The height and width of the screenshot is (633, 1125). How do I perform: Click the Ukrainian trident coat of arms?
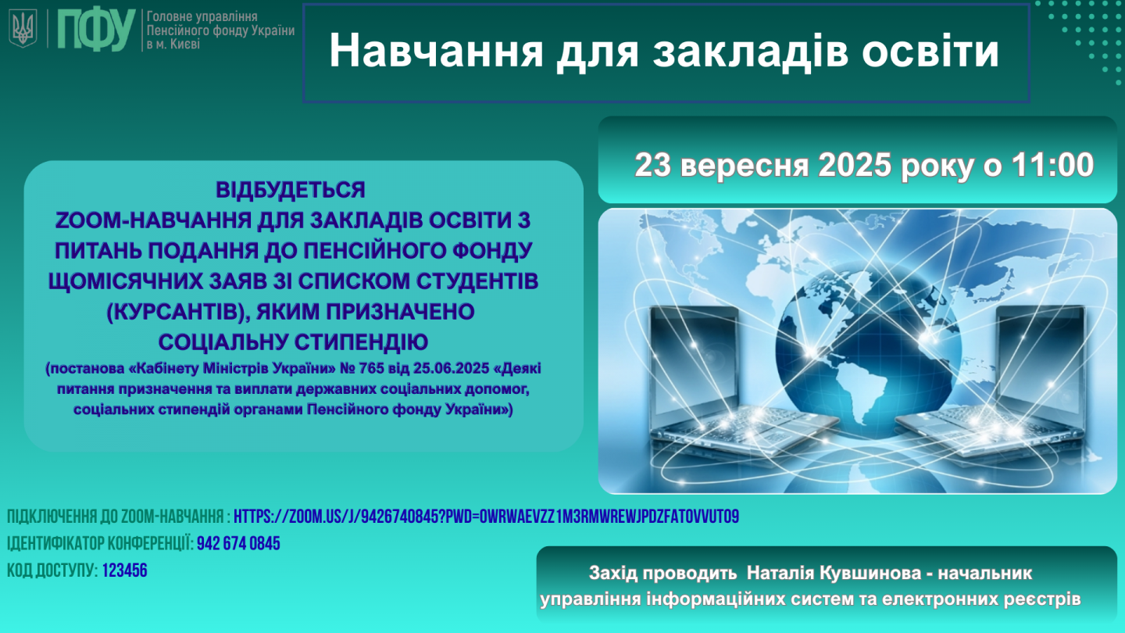tap(23, 29)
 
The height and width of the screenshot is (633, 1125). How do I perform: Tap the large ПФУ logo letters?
tap(96, 30)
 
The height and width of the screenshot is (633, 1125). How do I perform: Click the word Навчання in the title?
tap(436, 52)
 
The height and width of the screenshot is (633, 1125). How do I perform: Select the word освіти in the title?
tap(930, 52)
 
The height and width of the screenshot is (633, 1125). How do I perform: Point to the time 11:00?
tap(1052, 165)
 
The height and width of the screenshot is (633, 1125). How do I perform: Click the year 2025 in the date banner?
tap(855, 165)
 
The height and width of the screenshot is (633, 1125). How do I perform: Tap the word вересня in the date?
tap(745, 166)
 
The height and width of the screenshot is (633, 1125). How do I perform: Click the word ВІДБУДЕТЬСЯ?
tap(291, 190)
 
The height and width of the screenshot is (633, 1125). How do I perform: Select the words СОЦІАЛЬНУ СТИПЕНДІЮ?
tap(293, 342)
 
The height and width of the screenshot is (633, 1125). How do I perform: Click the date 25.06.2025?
tap(451, 368)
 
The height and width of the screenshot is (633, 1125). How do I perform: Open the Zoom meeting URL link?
tap(486, 517)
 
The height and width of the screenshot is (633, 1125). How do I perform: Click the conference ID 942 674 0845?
tap(238, 544)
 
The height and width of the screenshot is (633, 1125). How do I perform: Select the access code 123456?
tap(124, 570)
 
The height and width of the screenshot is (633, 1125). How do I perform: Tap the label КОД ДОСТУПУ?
tap(52, 570)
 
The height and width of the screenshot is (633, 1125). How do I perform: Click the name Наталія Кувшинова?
tap(834, 573)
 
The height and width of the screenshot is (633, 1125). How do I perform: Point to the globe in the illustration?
tap(869, 352)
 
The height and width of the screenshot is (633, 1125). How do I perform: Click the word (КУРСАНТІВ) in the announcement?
tap(178, 312)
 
